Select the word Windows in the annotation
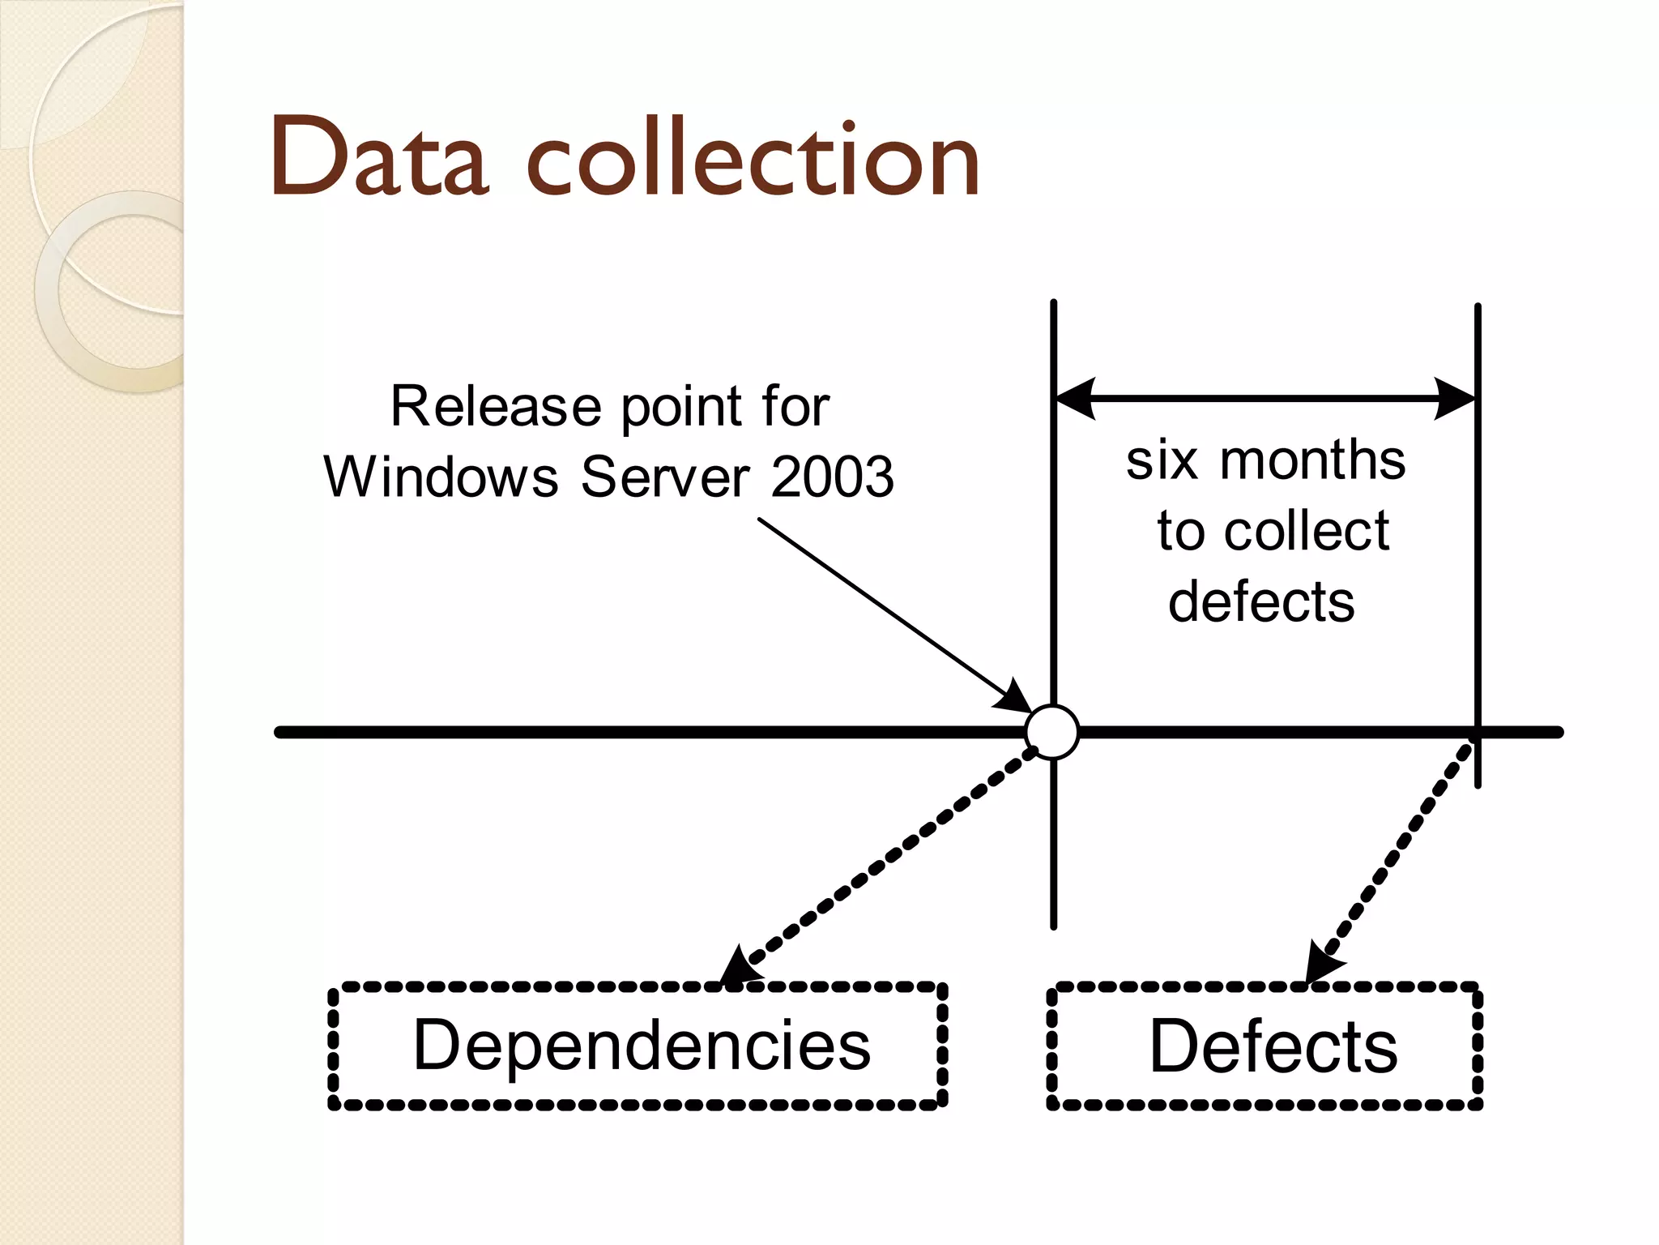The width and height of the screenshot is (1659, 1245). point(441,477)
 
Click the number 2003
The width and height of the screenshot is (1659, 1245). point(832,477)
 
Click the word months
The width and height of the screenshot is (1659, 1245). point(1312,460)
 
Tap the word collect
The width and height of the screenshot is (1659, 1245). point(1307,531)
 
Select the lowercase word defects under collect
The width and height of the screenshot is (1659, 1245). point(1261,601)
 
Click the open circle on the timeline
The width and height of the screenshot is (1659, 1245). point(1052,732)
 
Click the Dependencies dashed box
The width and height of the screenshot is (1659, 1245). point(638,1046)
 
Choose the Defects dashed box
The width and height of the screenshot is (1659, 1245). point(1265,1046)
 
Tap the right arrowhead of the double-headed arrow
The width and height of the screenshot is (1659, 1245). point(1455,398)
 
